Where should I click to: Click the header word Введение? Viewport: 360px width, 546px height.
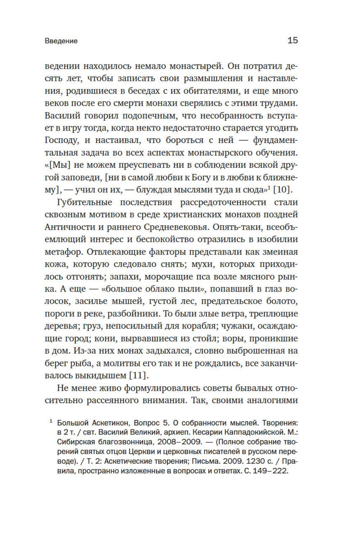coord(61,41)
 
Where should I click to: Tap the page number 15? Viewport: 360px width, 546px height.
coord(293,40)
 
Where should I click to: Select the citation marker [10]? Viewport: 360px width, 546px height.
coord(283,190)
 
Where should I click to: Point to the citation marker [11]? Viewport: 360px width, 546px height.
coord(139,375)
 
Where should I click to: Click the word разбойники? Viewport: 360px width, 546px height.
coord(134,313)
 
